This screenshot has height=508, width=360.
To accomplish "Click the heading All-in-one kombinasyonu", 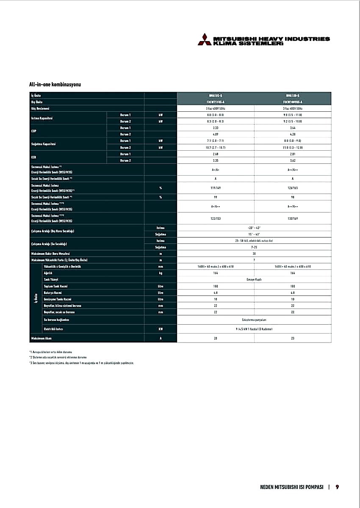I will click(55, 85).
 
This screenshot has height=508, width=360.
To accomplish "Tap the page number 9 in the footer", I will click(337, 487).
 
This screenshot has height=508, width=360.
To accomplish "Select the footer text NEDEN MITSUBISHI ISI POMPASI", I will click(292, 487).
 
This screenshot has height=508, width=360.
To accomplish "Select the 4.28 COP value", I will click(292, 134).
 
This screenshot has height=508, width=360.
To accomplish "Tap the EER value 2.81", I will click(292, 154).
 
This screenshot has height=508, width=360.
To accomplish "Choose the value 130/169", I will click(292, 218).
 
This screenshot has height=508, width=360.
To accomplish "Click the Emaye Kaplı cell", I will click(254, 280).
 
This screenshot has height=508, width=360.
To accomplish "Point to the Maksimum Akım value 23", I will click(292, 338).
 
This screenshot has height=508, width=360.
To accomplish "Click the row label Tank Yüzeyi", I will click(51, 280).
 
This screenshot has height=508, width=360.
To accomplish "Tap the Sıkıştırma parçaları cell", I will click(254, 319).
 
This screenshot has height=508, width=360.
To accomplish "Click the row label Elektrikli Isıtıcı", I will click(53, 329).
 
